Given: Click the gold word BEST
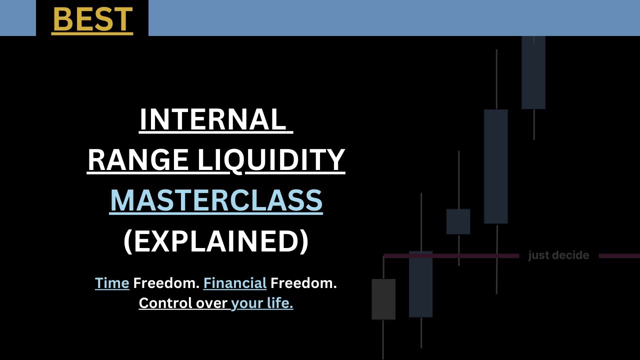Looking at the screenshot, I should (92, 19).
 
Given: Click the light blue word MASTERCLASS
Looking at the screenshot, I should (216, 200).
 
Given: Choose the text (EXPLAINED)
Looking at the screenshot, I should (216, 241).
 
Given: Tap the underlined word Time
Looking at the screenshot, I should (112, 283).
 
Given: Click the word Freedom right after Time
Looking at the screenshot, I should (166, 283).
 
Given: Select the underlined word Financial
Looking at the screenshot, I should (235, 283).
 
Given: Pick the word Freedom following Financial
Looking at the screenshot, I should (303, 283).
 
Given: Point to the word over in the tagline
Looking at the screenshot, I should (211, 303).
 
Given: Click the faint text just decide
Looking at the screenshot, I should (558, 255).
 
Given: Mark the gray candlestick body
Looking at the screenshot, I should (383, 299).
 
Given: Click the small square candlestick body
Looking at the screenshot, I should (458, 221).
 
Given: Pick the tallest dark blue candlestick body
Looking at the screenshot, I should (496, 166).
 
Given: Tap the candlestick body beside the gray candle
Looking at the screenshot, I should (420, 284).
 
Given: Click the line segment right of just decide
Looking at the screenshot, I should (619, 256).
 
